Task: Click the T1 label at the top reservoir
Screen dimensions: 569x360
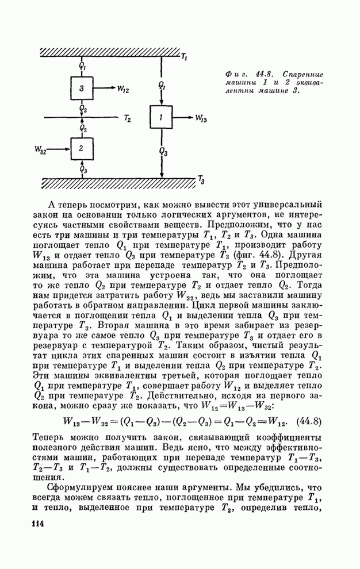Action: pyautogui.click(x=183, y=57)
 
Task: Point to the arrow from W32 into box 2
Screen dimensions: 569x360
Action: pyautogui.click(x=59, y=149)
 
